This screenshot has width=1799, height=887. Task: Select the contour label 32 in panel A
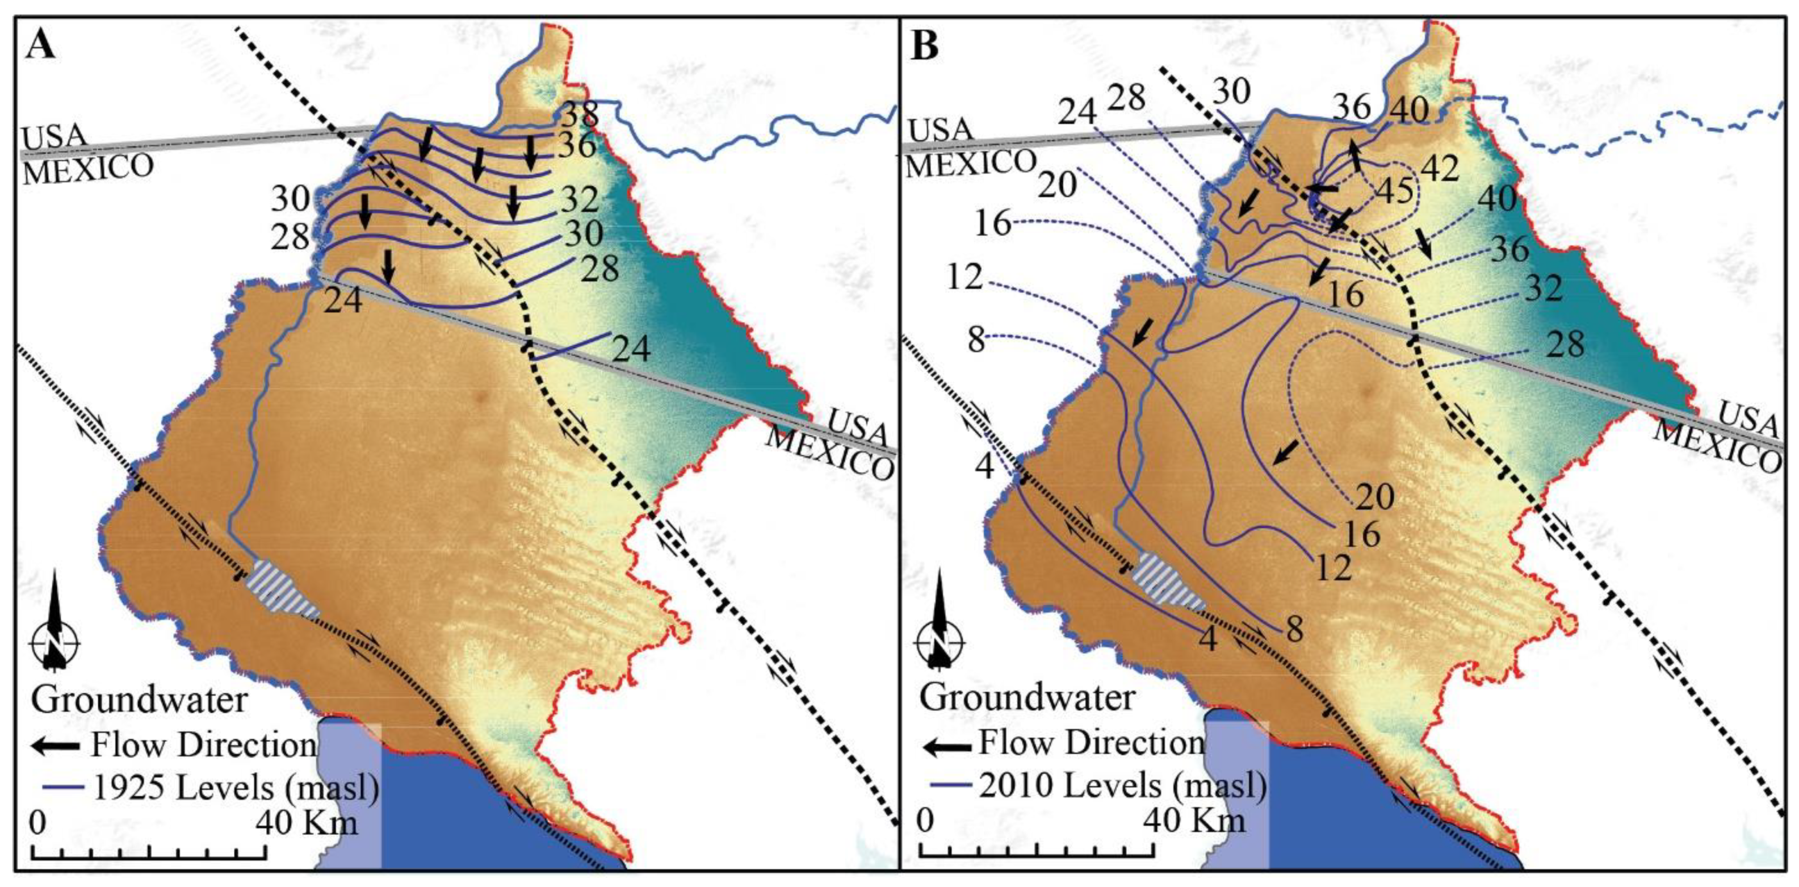tap(579, 200)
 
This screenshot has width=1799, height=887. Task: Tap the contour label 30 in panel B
tap(1231, 91)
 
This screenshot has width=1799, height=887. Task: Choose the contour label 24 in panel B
tap(1078, 112)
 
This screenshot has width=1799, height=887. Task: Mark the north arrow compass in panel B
tap(941, 639)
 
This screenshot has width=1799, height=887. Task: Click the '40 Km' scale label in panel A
tap(307, 822)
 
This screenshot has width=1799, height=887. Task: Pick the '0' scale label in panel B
tap(925, 819)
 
